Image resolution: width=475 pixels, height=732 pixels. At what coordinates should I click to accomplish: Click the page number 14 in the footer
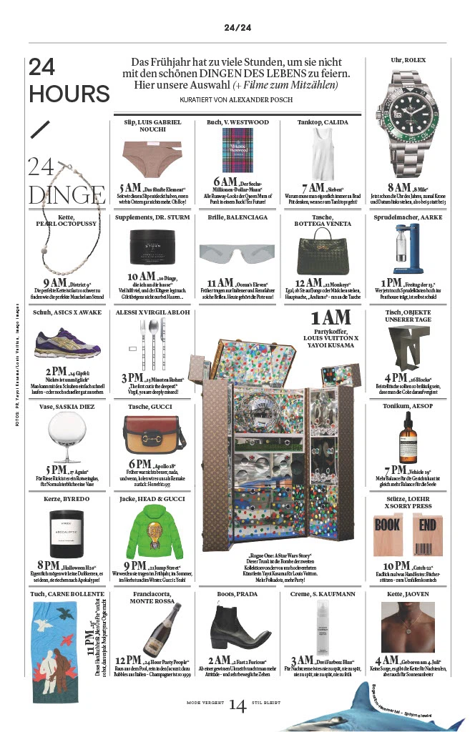[x=237, y=706]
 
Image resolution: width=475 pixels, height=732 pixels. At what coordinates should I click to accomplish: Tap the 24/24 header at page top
[x=237, y=28]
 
